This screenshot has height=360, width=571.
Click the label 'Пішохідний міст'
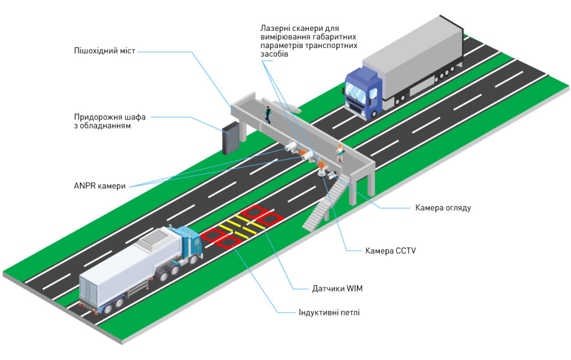105,51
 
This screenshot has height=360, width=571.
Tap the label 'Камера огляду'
443,207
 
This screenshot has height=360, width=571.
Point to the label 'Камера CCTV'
390,250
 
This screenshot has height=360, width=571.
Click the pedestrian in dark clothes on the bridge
267,114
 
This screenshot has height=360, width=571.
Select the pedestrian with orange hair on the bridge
340,153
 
